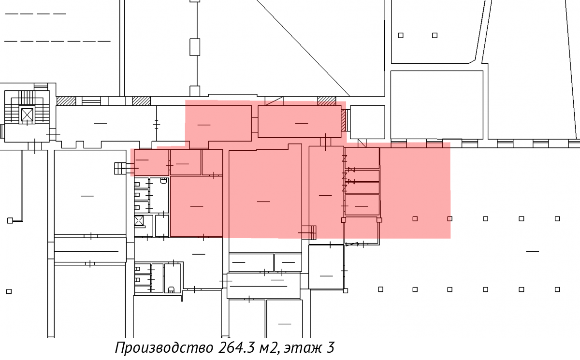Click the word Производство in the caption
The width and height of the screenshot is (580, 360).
[x=164, y=347]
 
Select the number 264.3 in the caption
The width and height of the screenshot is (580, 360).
[x=237, y=347]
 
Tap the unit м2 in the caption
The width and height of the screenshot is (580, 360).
[x=269, y=348]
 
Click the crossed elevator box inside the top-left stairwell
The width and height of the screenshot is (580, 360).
[x=27, y=115]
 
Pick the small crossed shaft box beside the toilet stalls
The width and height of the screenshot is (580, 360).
[x=139, y=221]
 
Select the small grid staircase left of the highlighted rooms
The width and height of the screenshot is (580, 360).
[x=120, y=168]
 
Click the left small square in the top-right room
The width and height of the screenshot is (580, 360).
[x=401, y=35]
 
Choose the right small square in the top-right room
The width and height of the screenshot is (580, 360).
[x=435, y=35]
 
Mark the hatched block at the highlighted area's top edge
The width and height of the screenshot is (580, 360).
[x=327, y=101]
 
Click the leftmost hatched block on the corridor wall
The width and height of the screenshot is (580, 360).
[x=66, y=101]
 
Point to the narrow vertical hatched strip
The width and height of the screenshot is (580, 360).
[x=343, y=120]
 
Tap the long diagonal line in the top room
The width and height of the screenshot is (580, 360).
[x=303, y=48]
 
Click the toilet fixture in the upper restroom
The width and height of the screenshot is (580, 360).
[x=163, y=181]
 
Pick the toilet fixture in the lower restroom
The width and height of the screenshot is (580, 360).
[x=171, y=289]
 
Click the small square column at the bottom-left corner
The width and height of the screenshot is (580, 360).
[x=9, y=291]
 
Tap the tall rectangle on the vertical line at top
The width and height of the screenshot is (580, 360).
[x=195, y=47]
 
